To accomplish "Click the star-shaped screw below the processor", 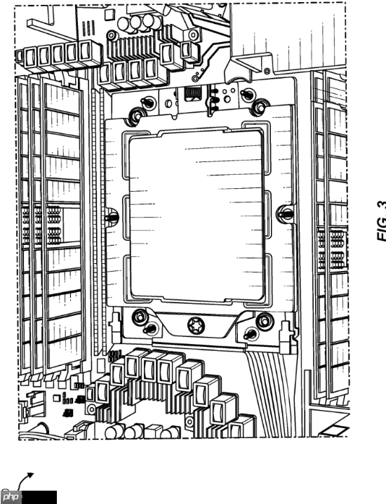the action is coord(196,325).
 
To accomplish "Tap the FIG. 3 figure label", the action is coord(382,221).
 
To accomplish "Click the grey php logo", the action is coord(11,497).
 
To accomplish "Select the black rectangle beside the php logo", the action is coord(39,497).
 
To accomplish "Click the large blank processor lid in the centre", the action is coord(196,215).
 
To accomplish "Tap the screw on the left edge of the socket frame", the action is coord(112,217).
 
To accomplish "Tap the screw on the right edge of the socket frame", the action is coord(285,213).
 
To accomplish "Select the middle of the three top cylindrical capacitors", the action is coord(137,24).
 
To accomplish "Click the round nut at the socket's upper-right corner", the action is coord(260,107).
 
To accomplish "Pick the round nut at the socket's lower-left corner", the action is coord(140,317).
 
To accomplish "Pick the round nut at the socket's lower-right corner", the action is coord(265,321).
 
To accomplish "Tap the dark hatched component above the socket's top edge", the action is coord(193,93).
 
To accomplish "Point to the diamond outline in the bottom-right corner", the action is coord(335,430).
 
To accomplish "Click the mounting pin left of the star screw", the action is coord(149,329).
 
